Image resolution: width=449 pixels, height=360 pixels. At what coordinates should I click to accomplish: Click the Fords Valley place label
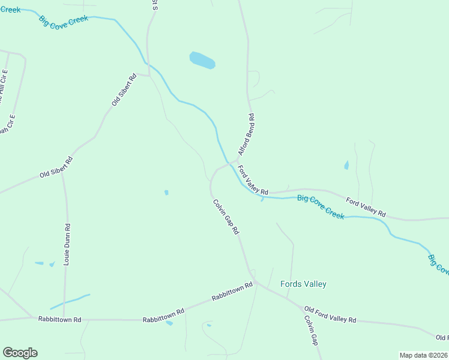(303, 284)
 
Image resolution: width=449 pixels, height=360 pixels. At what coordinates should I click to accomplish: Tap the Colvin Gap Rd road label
(226, 217)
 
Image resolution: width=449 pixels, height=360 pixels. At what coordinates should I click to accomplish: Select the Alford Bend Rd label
(246, 135)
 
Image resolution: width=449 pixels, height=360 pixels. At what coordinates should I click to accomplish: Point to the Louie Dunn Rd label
(68, 244)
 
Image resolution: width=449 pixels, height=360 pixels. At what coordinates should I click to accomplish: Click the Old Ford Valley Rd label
(330, 315)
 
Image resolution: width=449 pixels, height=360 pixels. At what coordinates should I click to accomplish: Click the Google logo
(20, 353)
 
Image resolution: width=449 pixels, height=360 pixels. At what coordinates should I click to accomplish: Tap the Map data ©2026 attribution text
(423, 355)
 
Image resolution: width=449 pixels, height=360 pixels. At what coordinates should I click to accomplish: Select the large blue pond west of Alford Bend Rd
(202, 60)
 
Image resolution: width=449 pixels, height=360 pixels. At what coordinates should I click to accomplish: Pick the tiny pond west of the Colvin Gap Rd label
(166, 193)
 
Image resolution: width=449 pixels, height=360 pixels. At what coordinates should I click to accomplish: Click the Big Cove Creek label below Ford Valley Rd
(321, 206)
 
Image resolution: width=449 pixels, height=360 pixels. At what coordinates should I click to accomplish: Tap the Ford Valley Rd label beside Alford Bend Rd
(253, 180)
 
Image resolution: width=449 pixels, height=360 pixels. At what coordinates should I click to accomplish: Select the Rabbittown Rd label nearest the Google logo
(59, 320)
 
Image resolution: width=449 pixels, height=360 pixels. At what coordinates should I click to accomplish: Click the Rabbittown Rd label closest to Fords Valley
(232, 293)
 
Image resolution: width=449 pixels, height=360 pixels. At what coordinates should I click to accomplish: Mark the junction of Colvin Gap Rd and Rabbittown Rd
(254, 281)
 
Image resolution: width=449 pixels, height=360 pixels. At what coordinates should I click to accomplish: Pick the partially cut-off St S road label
(154, 6)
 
